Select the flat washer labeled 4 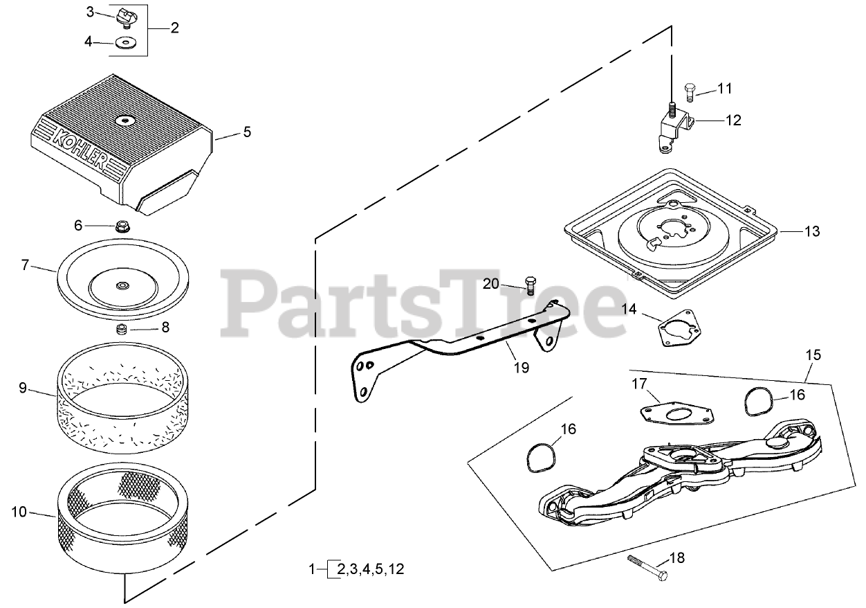click(127, 43)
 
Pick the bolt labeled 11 click(689, 89)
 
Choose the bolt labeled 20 click(530, 284)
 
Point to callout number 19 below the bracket click(522, 368)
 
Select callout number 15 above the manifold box click(813, 355)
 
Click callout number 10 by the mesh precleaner click(20, 512)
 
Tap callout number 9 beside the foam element click(23, 388)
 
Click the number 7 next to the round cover click(26, 265)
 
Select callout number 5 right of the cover click(247, 132)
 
